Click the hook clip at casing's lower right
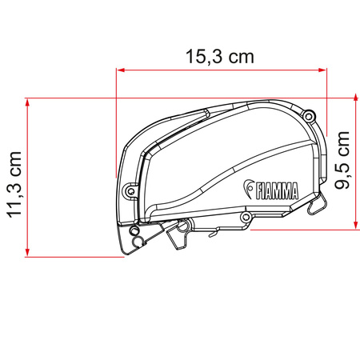pyautogui.click(x=317, y=208)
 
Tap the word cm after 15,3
pyautogui.click(x=238, y=58)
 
